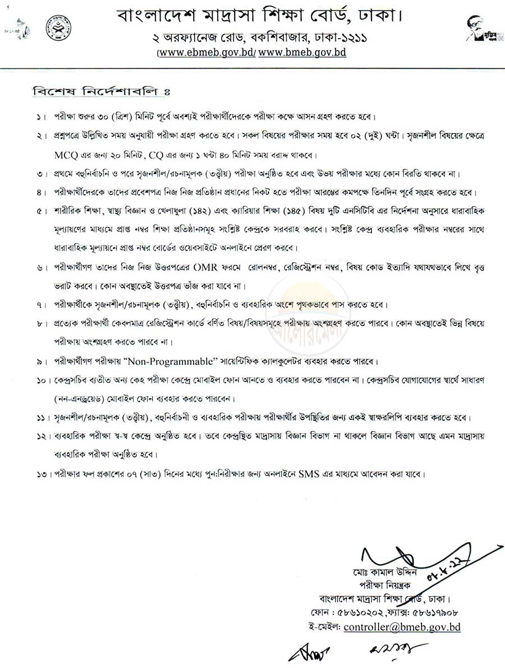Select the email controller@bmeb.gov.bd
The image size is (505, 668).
[x=402, y=626]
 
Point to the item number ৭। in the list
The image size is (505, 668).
[x=42, y=305]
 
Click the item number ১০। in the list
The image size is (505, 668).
[x=42, y=381]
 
